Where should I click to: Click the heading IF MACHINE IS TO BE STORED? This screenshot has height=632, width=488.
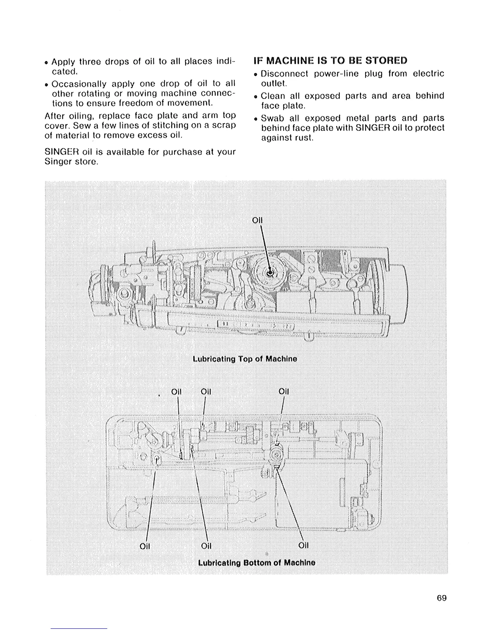coord(331,61)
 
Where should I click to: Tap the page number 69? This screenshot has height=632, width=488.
coord(441,598)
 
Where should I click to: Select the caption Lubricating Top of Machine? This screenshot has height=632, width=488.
coord(244,359)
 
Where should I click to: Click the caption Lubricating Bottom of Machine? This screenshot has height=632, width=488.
coord(256,563)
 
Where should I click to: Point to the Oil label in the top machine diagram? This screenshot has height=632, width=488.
coord(258,220)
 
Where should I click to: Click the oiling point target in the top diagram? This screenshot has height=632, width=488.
coord(270,273)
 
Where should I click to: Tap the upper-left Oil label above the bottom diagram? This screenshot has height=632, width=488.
coord(176,391)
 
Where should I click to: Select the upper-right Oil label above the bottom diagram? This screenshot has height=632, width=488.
coord(283,391)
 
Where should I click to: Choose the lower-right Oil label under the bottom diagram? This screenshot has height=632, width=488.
coord(303,545)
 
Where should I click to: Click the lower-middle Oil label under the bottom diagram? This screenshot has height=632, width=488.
coord(206,545)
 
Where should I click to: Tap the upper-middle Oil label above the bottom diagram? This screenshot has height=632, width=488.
coord(206,391)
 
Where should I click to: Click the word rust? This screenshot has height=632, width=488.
coord(305,138)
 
